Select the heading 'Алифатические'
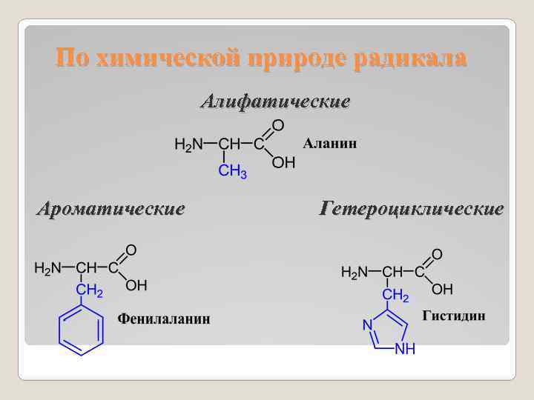tap(275, 101)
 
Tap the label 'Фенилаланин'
tap(165, 319)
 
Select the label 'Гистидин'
tap(454, 316)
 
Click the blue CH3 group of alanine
tap(232, 172)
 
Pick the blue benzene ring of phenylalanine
tap(81, 330)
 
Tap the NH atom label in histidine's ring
tap(404, 348)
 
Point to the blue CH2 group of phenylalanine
tap(90, 292)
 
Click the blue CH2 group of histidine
tap(395, 296)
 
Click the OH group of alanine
tap(283, 162)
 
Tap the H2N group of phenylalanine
tap(48, 267)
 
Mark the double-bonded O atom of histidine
tap(437, 254)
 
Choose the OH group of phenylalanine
tap(136, 285)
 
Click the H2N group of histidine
tap(355, 272)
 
